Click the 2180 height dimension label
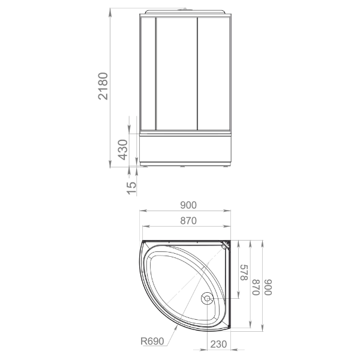click(103, 86)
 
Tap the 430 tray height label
click(123, 149)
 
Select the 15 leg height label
click(132, 188)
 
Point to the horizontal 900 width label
click(188, 205)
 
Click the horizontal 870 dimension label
click(188, 221)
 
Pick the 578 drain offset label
click(244, 272)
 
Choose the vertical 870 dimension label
click(256, 287)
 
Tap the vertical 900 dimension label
click(268, 287)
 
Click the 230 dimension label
click(218, 344)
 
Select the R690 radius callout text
click(152, 341)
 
